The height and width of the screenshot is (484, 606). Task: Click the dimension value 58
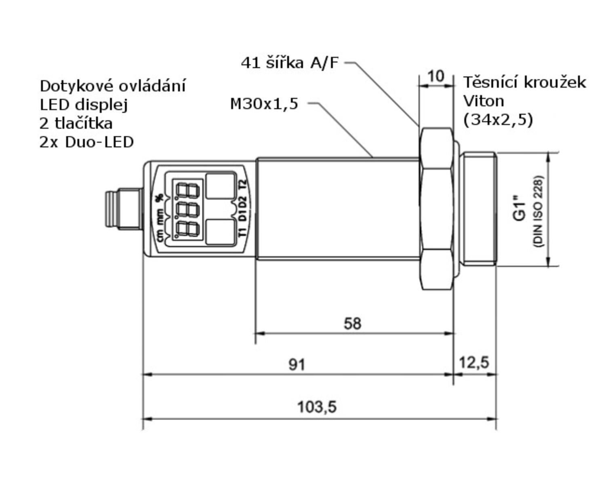point(352,324)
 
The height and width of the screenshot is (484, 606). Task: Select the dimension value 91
point(297,365)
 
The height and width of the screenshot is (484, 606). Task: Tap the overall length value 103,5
point(317,407)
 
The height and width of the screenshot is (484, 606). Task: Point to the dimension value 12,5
point(474,362)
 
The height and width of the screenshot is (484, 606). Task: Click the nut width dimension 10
point(436,76)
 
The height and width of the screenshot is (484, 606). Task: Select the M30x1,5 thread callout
point(264,104)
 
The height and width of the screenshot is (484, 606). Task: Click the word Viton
point(483,101)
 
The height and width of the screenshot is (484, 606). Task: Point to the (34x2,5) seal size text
point(498,120)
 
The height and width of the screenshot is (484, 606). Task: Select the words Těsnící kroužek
point(524,82)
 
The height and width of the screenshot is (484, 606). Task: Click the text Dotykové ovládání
point(113,86)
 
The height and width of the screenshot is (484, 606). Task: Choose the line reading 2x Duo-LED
point(86,142)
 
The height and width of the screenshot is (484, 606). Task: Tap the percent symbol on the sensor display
point(160,198)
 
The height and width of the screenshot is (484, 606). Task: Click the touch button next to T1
point(220,232)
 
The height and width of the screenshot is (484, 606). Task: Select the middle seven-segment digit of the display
point(187,210)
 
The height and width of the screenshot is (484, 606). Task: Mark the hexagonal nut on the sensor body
point(436,209)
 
